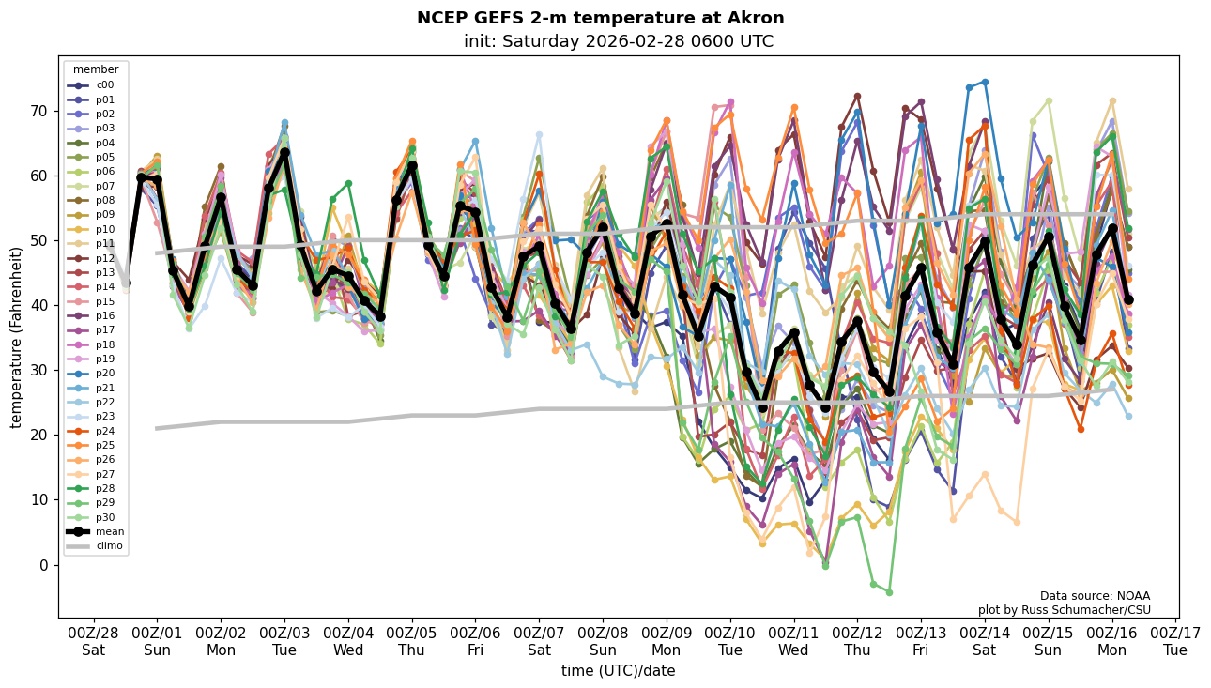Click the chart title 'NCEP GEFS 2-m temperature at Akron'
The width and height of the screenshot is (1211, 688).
[x=600, y=19]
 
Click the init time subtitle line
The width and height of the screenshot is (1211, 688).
[x=618, y=42]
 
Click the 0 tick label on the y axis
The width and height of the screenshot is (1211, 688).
[x=43, y=565]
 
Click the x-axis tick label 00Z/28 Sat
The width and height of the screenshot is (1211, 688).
[x=93, y=640]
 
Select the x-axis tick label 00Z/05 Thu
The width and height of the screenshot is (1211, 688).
[x=412, y=640]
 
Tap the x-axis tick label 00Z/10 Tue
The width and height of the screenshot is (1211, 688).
[x=730, y=640]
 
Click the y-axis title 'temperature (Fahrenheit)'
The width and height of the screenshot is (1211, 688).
[x=17, y=337]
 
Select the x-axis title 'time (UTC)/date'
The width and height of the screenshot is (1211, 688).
[x=618, y=671]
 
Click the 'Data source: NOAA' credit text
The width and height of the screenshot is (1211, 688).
[x=1095, y=596]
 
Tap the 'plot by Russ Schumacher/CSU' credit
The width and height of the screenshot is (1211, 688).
[x=1064, y=610]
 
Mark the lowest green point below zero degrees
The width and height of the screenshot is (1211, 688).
[x=889, y=592]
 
